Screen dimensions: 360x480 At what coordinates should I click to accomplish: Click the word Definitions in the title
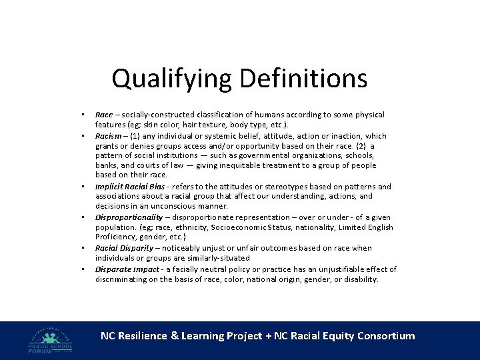click(x=303, y=79)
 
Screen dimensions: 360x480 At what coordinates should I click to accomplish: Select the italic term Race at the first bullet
click(x=103, y=115)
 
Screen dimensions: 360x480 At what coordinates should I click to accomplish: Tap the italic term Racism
click(x=108, y=136)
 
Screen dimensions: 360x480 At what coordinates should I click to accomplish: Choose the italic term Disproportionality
click(x=129, y=217)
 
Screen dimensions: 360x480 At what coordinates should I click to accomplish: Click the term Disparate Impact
click(x=127, y=269)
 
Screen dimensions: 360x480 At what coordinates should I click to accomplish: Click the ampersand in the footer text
click(x=175, y=336)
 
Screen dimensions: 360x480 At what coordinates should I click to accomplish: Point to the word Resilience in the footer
click(x=142, y=336)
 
